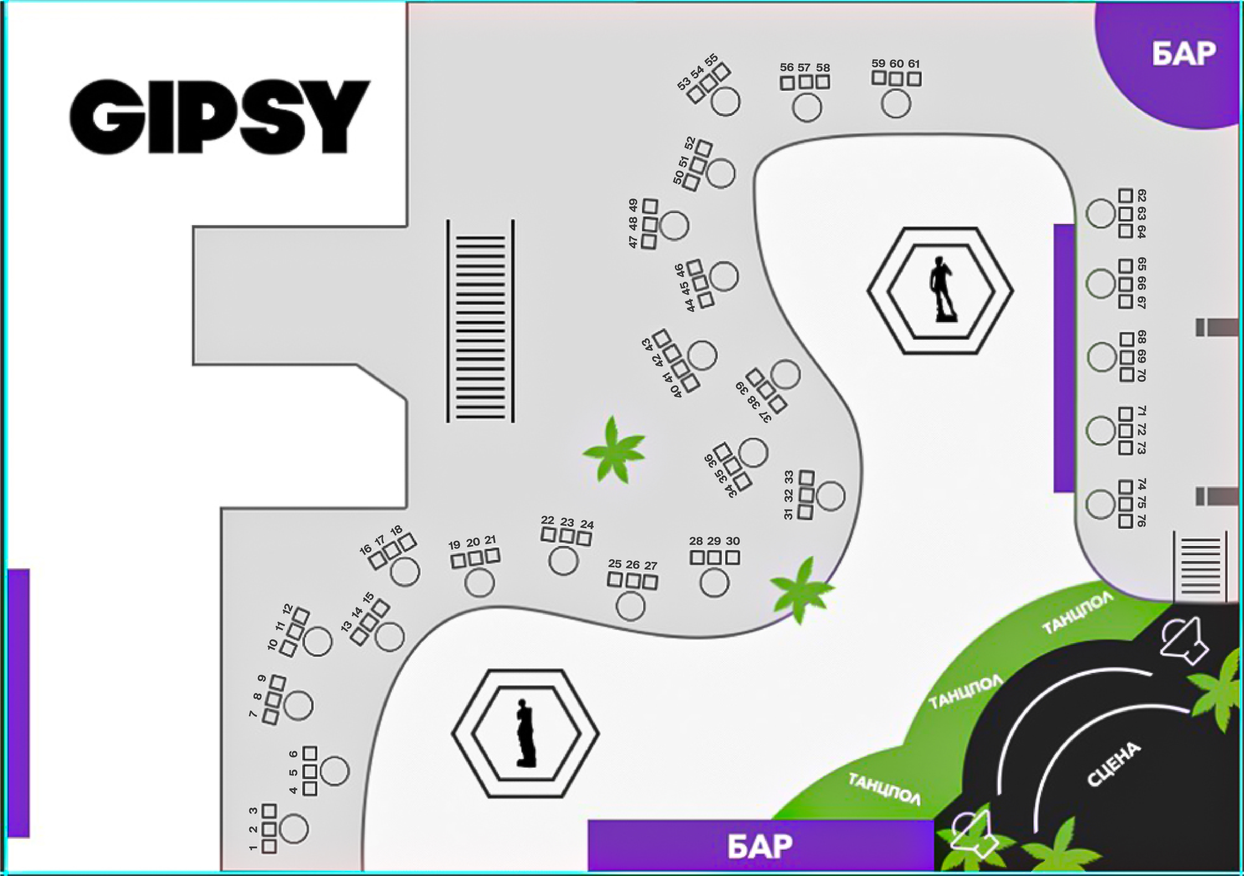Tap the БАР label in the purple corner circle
(x=1184, y=54)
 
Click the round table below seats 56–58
(x=807, y=107)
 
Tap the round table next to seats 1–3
(x=294, y=828)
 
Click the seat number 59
(x=878, y=63)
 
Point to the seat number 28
(x=696, y=541)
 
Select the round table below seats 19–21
(x=480, y=583)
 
